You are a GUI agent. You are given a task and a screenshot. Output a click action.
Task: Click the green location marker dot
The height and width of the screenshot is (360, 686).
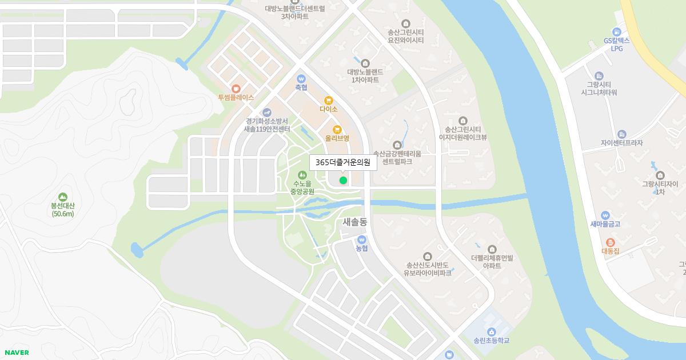coord(343,181)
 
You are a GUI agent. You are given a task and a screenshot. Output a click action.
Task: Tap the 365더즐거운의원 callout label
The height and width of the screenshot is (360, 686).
coord(343,162)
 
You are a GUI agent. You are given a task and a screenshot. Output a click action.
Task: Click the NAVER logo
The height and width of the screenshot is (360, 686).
coord(17,353)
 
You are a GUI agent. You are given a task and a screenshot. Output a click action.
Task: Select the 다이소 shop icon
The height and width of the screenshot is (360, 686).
coord(328,100)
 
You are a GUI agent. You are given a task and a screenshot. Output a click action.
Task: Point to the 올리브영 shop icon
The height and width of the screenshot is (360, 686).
coord(337,129)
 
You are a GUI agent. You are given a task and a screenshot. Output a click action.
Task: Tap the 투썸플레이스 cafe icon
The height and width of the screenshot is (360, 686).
coord(236,89)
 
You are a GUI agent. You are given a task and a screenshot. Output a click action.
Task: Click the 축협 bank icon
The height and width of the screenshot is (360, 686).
coord(301,79)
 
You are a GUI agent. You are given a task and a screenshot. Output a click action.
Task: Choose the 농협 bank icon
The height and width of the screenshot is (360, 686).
coord(361,239)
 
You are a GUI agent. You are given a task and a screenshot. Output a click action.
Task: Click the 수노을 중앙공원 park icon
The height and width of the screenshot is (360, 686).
coord(302,174)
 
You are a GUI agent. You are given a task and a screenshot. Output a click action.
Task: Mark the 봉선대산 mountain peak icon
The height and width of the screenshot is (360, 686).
coord(62,196)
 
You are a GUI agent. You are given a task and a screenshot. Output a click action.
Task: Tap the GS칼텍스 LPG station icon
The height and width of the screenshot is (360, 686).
coord(616,31)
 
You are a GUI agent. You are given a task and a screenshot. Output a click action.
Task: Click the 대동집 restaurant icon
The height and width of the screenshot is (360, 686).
coord(610,242)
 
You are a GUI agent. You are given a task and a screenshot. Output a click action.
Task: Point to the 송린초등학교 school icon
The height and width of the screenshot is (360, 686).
coord(491,332)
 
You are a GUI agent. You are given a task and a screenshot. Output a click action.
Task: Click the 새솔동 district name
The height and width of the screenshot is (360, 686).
coord(355,221)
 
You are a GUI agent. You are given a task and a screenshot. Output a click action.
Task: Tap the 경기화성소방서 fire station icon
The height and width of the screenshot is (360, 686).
coord(266,113)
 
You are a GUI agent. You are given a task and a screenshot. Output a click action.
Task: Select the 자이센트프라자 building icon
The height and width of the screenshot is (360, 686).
coord(621,134)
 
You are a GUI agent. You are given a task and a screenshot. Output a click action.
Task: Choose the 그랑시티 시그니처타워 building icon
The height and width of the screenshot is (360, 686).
coord(599,76)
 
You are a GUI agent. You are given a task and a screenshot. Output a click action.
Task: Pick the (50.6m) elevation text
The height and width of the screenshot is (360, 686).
coord(63,214)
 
